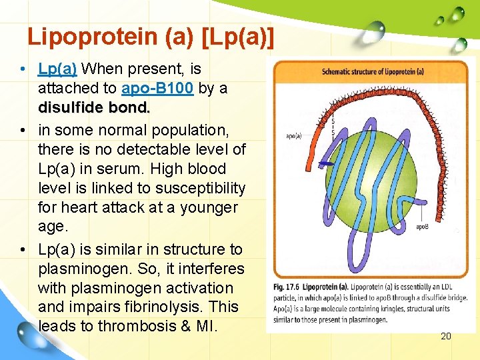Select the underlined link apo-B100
tap(157, 89)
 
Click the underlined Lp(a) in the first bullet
tap(58, 69)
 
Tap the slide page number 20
tap(446, 336)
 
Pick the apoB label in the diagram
tap(423, 227)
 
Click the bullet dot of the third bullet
tap(23, 250)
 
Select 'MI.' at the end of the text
tap(203, 326)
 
